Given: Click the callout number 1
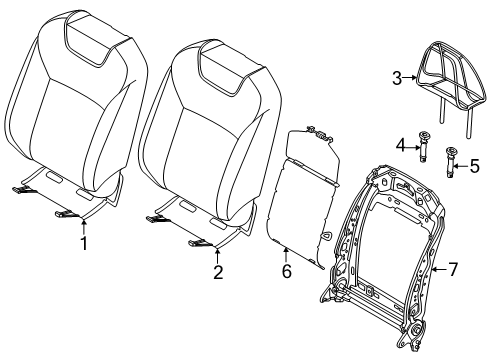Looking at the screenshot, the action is [84, 243].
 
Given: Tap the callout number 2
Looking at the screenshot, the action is [218, 272].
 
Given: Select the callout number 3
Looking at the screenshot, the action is [397, 79].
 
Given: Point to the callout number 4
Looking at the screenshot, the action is [401, 145].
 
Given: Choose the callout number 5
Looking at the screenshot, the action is [475, 166].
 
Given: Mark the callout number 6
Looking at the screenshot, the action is [287, 271].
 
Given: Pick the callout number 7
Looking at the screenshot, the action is [452, 269].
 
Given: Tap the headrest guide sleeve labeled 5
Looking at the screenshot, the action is [451, 162].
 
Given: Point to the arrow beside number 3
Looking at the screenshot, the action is [410, 78].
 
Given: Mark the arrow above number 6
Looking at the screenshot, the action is [286, 255].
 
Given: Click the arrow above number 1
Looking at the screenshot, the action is [84, 226].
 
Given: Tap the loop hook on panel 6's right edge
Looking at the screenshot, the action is [327, 235].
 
